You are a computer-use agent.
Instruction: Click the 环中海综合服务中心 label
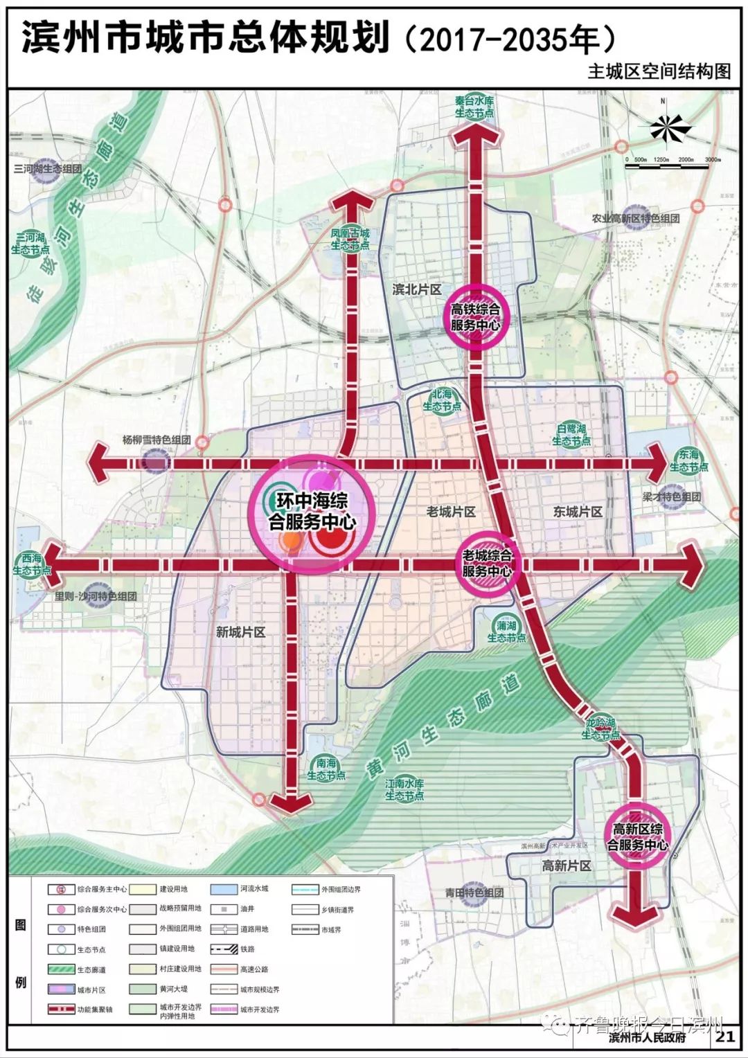point(312,511)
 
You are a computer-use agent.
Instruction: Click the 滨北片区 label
point(417,289)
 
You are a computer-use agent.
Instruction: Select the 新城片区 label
point(240,631)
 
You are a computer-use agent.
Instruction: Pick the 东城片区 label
point(578,512)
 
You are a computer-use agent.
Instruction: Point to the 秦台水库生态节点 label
point(475,107)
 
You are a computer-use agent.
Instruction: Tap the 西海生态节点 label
point(32,564)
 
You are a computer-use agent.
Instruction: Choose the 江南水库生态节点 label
point(404,789)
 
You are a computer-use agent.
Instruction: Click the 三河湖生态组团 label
point(48,168)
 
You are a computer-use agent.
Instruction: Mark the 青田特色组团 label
point(474,893)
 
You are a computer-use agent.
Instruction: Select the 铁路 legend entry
point(240,950)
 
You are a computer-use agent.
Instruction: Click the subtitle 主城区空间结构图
point(659,71)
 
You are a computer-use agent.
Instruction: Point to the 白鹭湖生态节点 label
point(571,435)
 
